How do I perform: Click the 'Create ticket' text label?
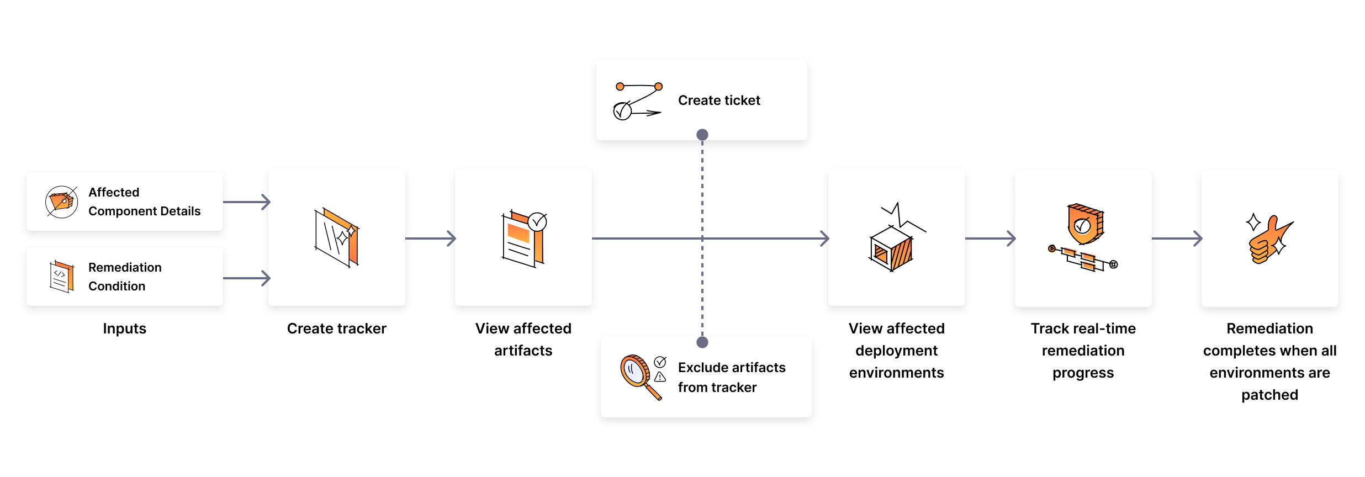pos(719,100)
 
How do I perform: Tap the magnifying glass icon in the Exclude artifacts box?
pos(638,375)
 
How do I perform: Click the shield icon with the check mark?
pos(1084,224)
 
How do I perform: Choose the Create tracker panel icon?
pos(336,237)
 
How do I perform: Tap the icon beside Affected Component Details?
pos(61,202)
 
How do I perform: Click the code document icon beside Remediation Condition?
pos(61,276)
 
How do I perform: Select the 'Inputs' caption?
pos(124,328)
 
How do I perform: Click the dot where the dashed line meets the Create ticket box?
pos(702,135)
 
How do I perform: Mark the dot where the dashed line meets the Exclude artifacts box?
pos(702,342)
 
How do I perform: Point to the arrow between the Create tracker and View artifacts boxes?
pos(431,239)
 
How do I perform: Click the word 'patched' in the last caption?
pos(1269,395)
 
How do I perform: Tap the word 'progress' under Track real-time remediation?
pos(1083,373)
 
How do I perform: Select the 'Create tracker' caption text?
pos(336,328)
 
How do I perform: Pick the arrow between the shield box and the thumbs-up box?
pos(1177,239)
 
